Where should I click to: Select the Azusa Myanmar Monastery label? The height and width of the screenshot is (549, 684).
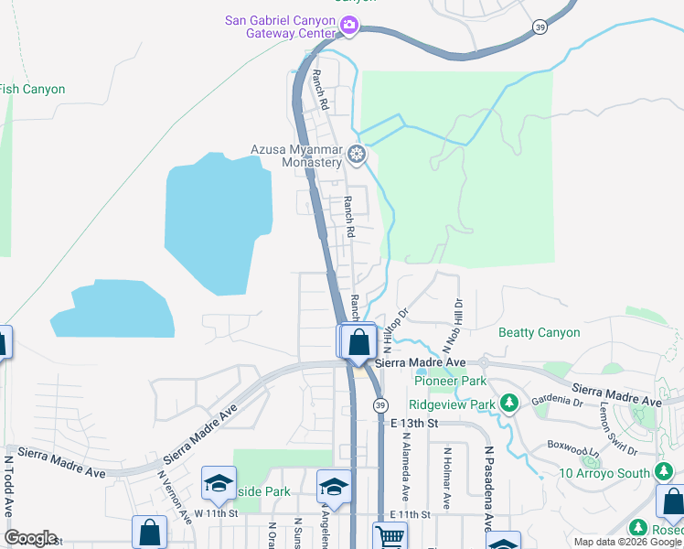tap(296, 156)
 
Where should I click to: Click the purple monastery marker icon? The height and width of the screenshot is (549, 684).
tap(357, 155)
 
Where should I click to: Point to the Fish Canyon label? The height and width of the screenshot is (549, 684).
tap(33, 90)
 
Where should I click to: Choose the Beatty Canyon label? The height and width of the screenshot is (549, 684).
tap(540, 333)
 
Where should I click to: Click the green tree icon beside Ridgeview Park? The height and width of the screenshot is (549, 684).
tap(510, 404)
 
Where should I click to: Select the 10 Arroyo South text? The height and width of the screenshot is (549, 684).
tap(605, 473)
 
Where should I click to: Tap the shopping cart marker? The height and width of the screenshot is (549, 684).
tap(390, 536)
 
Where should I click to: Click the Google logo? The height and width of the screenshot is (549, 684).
tap(30, 539)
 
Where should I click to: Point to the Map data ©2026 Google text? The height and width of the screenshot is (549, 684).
tap(627, 542)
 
